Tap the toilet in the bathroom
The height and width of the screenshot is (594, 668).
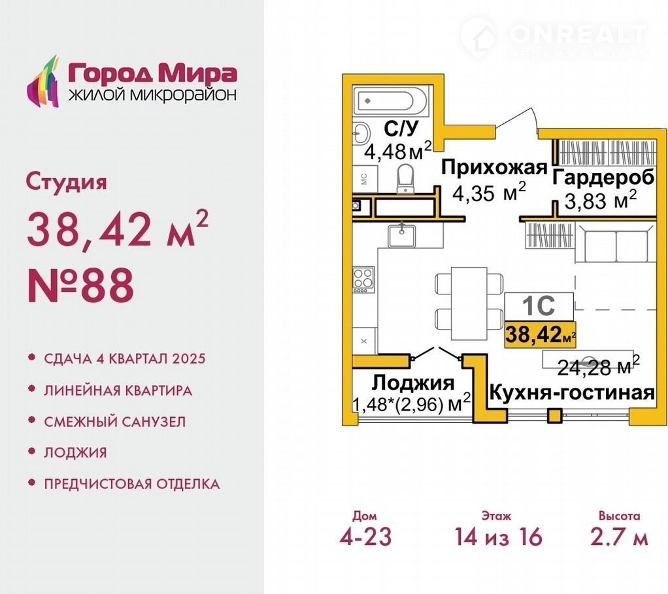tap(405, 179)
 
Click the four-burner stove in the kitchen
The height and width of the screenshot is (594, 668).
tap(363, 279)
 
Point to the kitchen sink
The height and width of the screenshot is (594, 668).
tap(401, 235)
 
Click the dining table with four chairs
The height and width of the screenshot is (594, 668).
tap(469, 303)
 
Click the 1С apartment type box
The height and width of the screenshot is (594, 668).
tap(539, 306)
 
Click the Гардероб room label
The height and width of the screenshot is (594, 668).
tap(603, 177)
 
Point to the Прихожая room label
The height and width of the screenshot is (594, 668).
tap(493, 168)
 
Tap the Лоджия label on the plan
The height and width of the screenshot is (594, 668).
tap(413, 383)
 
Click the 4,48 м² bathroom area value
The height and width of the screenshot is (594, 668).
tap(398, 151)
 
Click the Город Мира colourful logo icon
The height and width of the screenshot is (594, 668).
tap(42, 82)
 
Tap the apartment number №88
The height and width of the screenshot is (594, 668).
tap(80, 285)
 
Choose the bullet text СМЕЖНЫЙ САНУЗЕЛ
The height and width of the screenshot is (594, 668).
tap(115, 422)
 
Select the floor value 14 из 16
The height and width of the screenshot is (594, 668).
tap(499, 536)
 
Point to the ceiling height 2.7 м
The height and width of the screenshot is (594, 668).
tap(619, 536)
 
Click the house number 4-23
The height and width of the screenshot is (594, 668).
tap(365, 536)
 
